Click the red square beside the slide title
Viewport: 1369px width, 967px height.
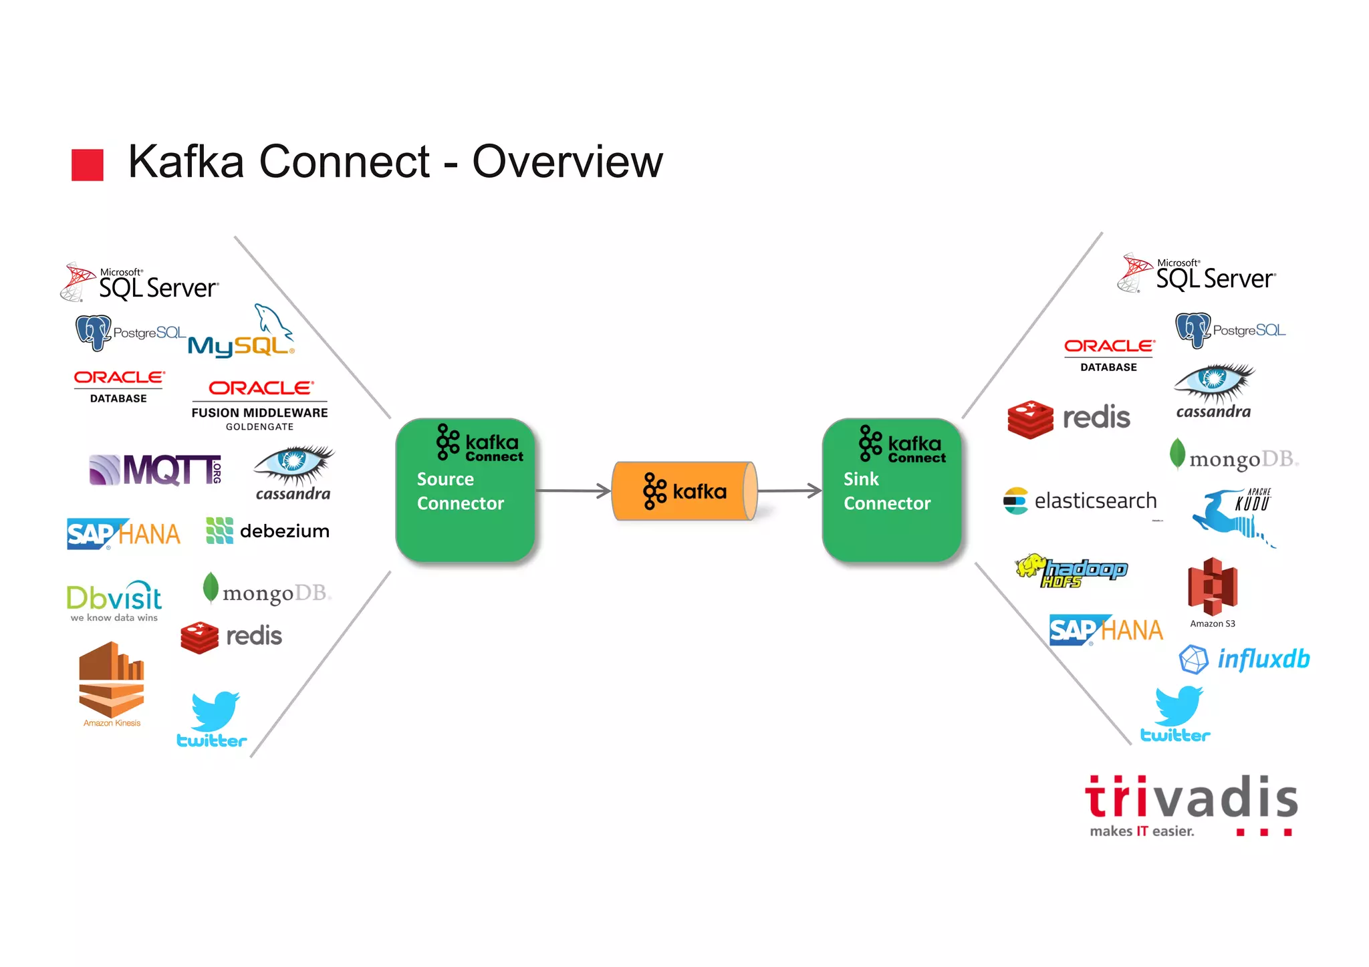tap(88, 164)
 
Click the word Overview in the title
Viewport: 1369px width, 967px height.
tap(567, 162)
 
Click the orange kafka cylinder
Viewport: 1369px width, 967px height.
tap(684, 491)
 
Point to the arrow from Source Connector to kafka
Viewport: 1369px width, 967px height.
tap(573, 491)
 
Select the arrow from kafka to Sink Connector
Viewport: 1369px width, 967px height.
tap(789, 491)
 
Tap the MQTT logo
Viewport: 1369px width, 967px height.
tap(155, 470)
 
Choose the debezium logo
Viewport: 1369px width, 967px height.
tap(267, 531)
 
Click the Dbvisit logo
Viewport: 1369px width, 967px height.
tap(114, 600)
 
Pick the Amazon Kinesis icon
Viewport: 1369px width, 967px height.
tap(112, 682)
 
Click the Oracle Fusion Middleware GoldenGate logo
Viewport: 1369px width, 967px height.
tap(260, 405)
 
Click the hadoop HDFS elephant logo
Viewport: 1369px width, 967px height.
tap(1071, 571)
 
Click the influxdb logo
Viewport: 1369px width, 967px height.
tap(1244, 660)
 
